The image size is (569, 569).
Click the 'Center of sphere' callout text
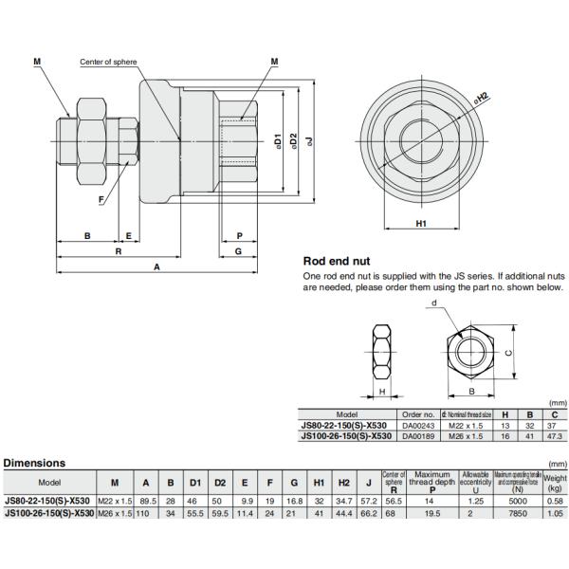[108, 63]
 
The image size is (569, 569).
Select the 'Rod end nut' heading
[336, 261]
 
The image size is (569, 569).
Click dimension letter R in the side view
[118, 252]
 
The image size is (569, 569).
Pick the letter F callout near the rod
[101, 198]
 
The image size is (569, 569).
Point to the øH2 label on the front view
[482, 98]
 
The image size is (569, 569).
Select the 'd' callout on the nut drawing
[433, 303]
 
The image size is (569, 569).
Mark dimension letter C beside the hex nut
[508, 352]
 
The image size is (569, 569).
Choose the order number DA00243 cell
[418, 425]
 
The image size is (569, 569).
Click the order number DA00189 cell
[418, 436]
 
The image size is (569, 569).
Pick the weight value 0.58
[554, 500]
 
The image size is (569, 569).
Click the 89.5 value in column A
[146, 500]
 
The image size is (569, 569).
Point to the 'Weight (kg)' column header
[554, 481]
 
